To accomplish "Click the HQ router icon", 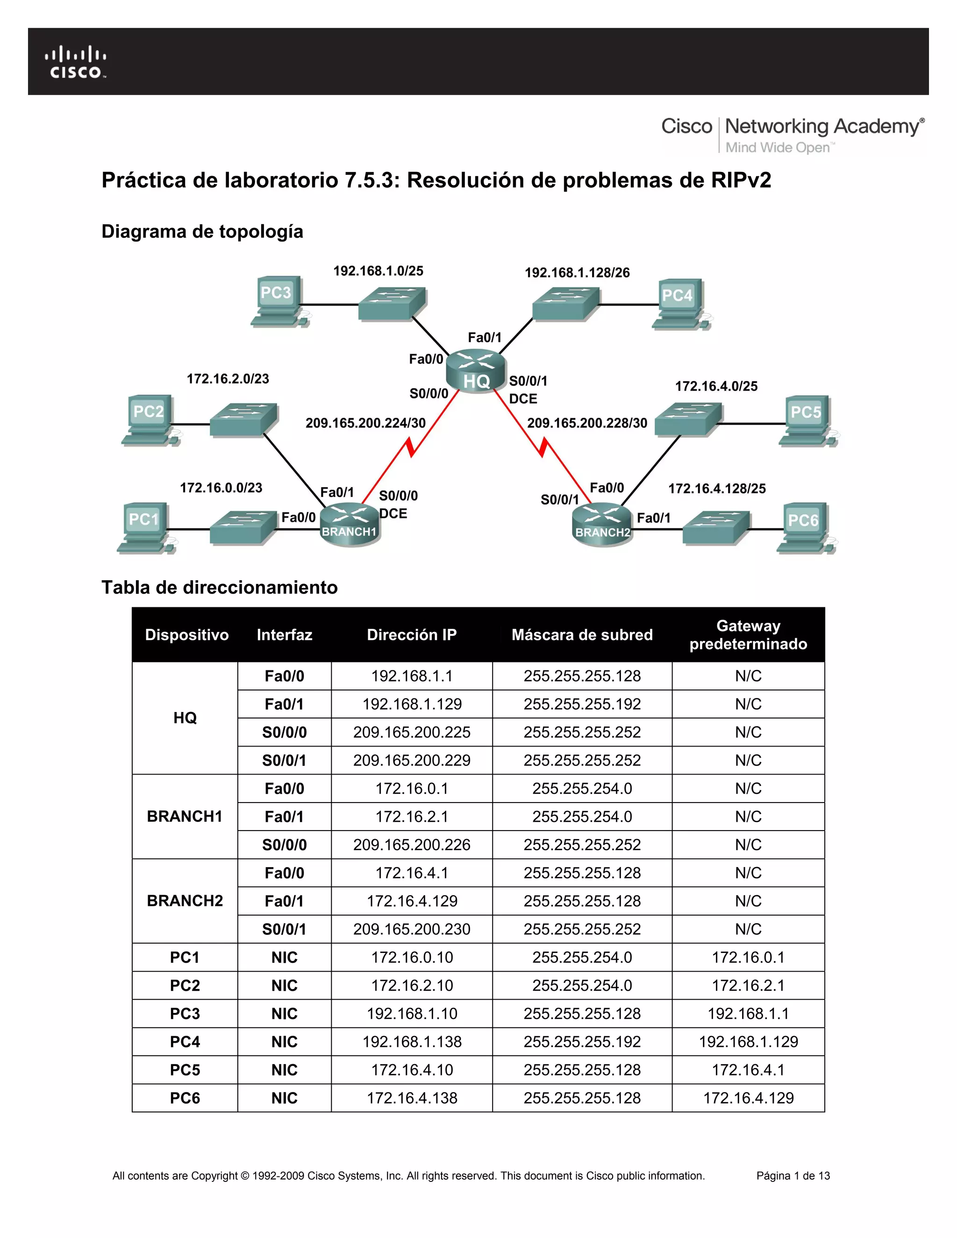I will click(x=476, y=372).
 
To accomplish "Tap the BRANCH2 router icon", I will click(x=602, y=525).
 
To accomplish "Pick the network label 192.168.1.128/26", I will click(x=577, y=273).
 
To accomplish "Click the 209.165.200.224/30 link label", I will click(x=365, y=423).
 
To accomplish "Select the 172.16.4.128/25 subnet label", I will click(x=717, y=489).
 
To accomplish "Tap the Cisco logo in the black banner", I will click(x=75, y=63).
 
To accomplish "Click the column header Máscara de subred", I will click(x=582, y=634).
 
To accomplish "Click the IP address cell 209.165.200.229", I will click(x=412, y=760).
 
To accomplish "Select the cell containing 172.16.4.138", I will click(x=412, y=1098).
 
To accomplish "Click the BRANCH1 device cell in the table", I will click(x=185, y=816).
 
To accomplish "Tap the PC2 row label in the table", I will click(x=185, y=986).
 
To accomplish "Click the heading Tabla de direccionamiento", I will click(x=220, y=587).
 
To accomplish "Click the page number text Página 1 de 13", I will click(x=793, y=1176).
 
